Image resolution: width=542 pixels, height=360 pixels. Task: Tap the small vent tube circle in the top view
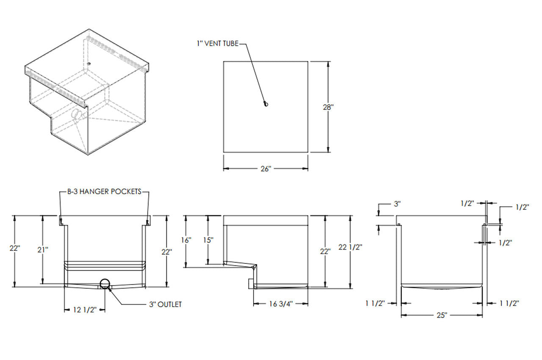point(265,104)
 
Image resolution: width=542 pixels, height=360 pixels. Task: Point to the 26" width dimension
point(265,169)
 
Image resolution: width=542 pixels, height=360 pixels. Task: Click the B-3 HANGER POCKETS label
point(104,191)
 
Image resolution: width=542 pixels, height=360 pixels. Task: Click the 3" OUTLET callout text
point(165,304)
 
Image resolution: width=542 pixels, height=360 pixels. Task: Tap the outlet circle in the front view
point(105,283)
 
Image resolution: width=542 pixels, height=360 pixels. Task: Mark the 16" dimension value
point(186,240)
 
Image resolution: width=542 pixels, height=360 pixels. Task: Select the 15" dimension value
point(207,240)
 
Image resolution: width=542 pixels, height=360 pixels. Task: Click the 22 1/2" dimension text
point(351,246)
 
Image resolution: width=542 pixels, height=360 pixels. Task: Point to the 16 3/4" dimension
point(281,304)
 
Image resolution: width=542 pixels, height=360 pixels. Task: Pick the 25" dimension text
point(442,315)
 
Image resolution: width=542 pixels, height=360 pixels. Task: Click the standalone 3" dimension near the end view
point(397,204)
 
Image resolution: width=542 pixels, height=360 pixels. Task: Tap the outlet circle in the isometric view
point(76,114)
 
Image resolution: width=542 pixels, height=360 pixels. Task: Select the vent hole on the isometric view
point(89,64)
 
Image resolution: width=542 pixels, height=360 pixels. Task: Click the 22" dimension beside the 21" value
point(15,248)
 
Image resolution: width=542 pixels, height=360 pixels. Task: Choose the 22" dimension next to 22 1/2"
point(325,251)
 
